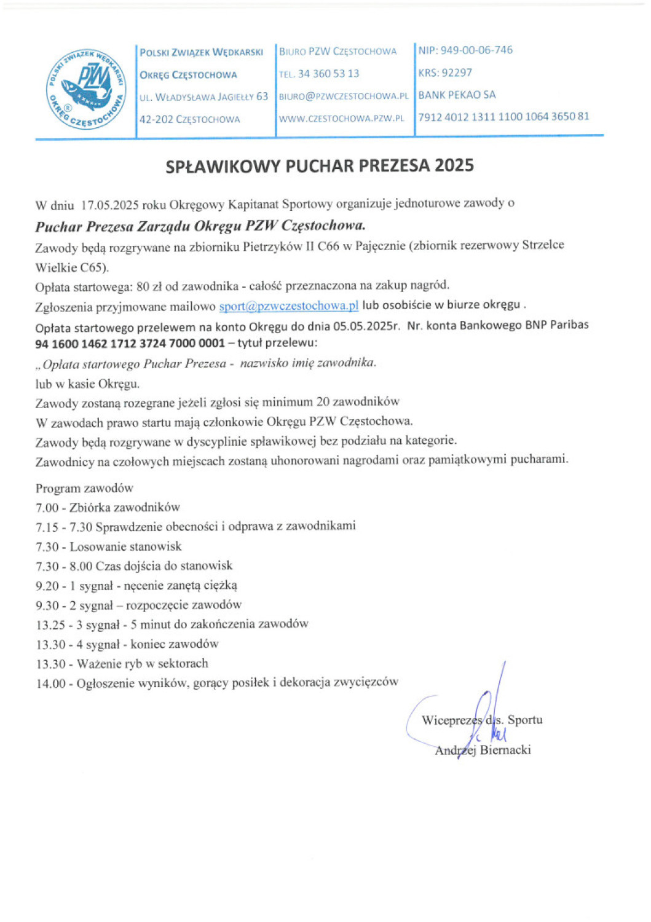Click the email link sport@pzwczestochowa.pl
pyautogui.click(x=288, y=305)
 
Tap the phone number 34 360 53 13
pyautogui.click(x=328, y=74)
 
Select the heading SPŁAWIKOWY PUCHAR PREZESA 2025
pyautogui.click(x=320, y=166)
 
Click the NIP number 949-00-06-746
pyautogui.click(x=476, y=50)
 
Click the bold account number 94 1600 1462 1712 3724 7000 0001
pyautogui.click(x=130, y=343)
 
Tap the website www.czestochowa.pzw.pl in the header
pyautogui.click(x=341, y=118)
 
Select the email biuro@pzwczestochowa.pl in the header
pyautogui.click(x=343, y=96)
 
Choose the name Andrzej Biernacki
pyautogui.click(x=483, y=750)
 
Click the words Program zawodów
pyautogui.click(x=84, y=488)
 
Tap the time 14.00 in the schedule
pyautogui.click(x=50, y=684)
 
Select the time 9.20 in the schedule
pyautogui.click(x=47, y=586)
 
